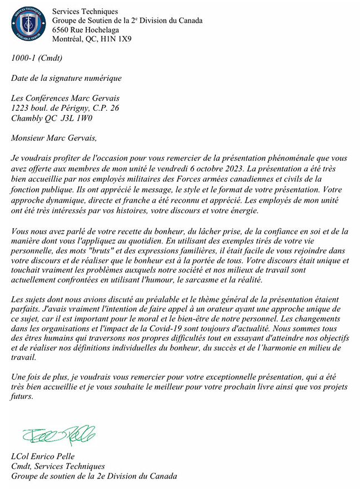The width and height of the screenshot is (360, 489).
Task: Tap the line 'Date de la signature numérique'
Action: (x=66, y=78)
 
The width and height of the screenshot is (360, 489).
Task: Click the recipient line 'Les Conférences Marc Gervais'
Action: (x=66, y=98)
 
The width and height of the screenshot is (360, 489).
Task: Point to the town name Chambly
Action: (x=26, y=118)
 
